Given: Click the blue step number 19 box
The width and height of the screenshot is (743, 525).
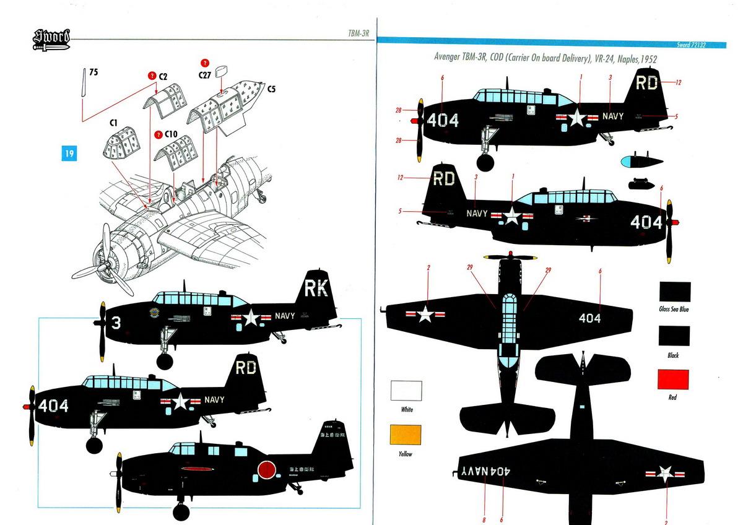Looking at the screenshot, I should [69, 153].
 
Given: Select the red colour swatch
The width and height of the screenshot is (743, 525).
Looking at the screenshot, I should [672, 379].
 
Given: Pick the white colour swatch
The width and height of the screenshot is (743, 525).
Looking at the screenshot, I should [406, 391].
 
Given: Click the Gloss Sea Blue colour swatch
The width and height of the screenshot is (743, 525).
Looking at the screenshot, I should [674, 292].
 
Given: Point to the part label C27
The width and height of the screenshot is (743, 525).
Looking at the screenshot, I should [205, 74].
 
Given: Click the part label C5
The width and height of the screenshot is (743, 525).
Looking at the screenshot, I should [271, 89].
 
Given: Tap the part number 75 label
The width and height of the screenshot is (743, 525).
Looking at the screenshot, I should [93, 72].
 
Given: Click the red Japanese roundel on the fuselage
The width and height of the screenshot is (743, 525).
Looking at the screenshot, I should [266, 470].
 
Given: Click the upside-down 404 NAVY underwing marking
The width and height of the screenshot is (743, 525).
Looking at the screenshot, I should [486, 470].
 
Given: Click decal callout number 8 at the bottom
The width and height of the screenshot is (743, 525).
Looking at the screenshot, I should [484, 520].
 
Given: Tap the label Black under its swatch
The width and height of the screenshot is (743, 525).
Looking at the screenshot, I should [673, 355].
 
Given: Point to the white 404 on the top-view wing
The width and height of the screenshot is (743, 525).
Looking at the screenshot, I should [589, 318].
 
